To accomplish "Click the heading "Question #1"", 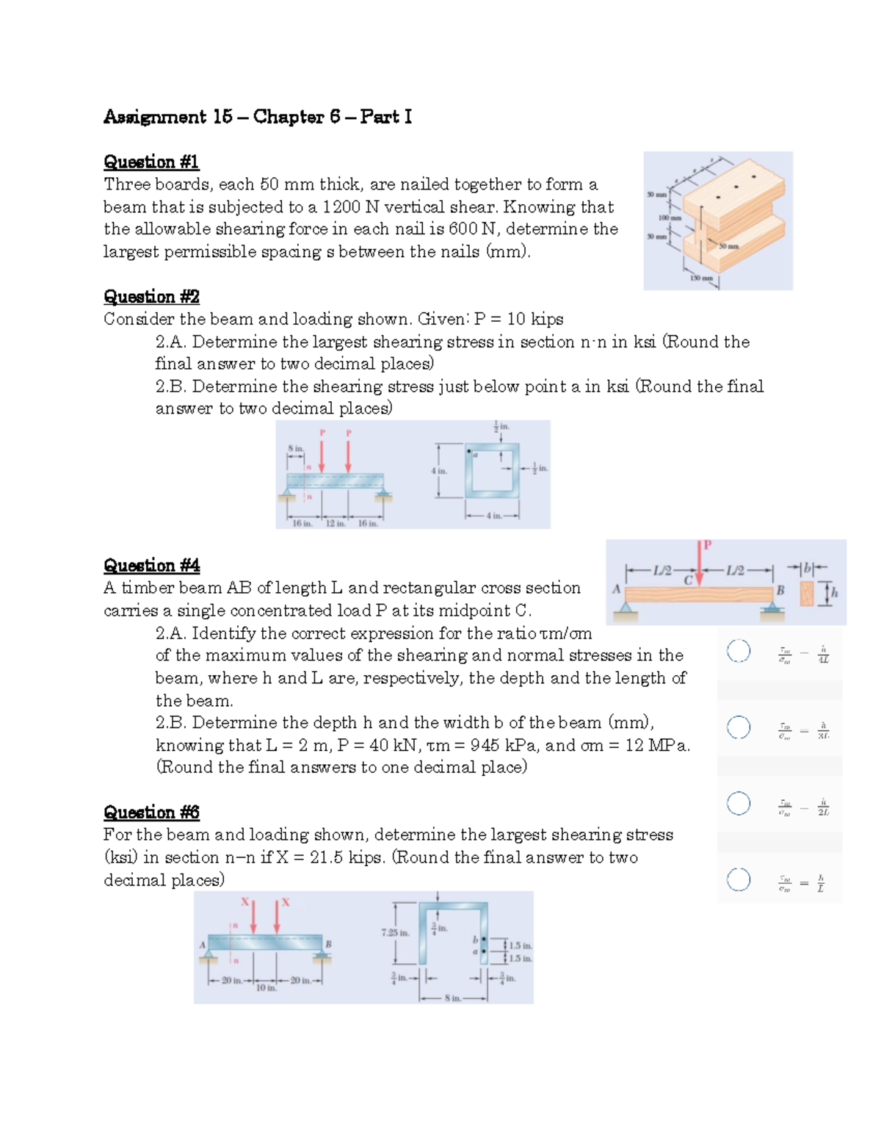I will (151, 162).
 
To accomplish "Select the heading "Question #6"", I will (151, 812).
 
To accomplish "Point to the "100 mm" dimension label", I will (670, 218).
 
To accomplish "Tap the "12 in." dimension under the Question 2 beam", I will (336, 523).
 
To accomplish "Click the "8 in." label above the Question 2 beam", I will (295, 447).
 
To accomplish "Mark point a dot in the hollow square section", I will (469, 451).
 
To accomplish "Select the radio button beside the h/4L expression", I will (739, 651).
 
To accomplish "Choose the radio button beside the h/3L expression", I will (739, 727).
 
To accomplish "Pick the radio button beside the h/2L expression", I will (739, 803).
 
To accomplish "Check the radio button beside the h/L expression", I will (739, 879).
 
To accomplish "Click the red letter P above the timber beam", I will (708, 544).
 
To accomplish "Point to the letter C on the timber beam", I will (689, 580).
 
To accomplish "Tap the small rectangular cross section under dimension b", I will (807, 594).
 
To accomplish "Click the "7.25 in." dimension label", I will (394, 932).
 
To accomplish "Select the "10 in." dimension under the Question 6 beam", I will (266, 988).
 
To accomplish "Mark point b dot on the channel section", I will (483, 939).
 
